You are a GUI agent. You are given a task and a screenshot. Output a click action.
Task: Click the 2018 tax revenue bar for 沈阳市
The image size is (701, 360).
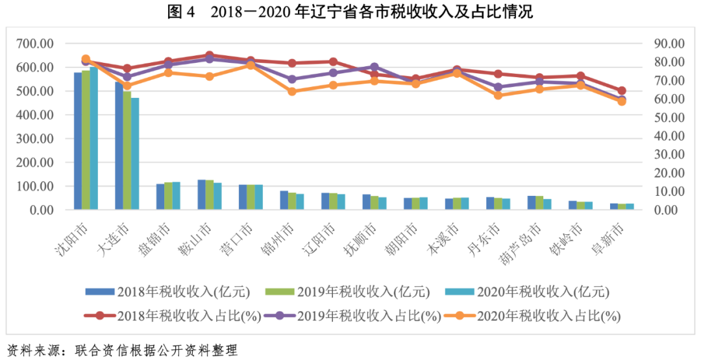(x=78, y=141)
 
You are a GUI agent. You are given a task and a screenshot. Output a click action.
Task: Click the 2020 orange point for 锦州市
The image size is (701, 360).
(x=292, y=91)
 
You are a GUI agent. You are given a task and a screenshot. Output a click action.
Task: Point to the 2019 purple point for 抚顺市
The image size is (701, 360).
(x=375, y=67)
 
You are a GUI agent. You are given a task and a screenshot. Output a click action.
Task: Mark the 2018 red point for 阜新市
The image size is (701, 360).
(x=622, y=91)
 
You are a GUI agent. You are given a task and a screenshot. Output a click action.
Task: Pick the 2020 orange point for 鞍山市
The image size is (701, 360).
(x=210, y=77)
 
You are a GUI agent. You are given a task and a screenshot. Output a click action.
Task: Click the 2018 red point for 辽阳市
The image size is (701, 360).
(x=334, y=62)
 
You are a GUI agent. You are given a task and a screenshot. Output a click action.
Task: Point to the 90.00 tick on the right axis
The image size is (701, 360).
(x=669, y=43)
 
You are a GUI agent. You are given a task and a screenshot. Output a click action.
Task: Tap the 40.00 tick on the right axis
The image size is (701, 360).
(x=669, y=136)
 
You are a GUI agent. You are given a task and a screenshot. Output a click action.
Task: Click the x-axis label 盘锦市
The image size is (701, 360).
(x=160, y=237)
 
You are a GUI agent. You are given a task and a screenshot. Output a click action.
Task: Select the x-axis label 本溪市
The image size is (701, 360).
(x=449, y=237)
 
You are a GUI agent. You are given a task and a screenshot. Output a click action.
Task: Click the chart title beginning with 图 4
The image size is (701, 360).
(x=350, y=12)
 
